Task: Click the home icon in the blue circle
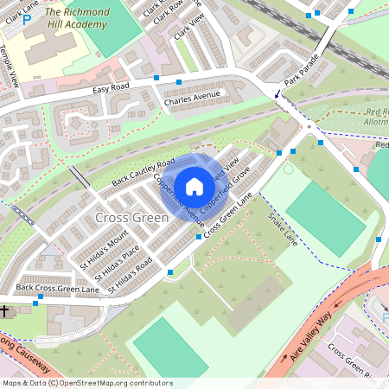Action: pos(194,186)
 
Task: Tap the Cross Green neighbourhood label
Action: pos(131,217)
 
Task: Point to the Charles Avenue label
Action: pos(192,99)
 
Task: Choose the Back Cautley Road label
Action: pos(143,172)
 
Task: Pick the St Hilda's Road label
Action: pos(132,274)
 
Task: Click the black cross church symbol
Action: pos(4,309)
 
